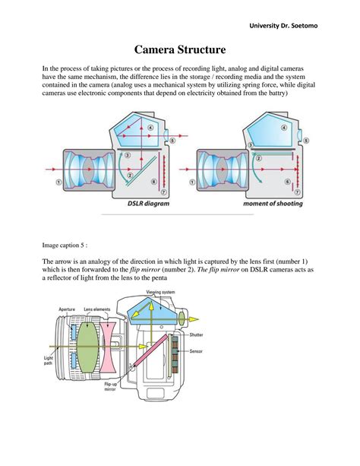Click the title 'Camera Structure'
click(180, 50)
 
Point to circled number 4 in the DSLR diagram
click(150, 128)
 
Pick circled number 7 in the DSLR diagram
click(153, 192)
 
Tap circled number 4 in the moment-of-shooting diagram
click(285, 128)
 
